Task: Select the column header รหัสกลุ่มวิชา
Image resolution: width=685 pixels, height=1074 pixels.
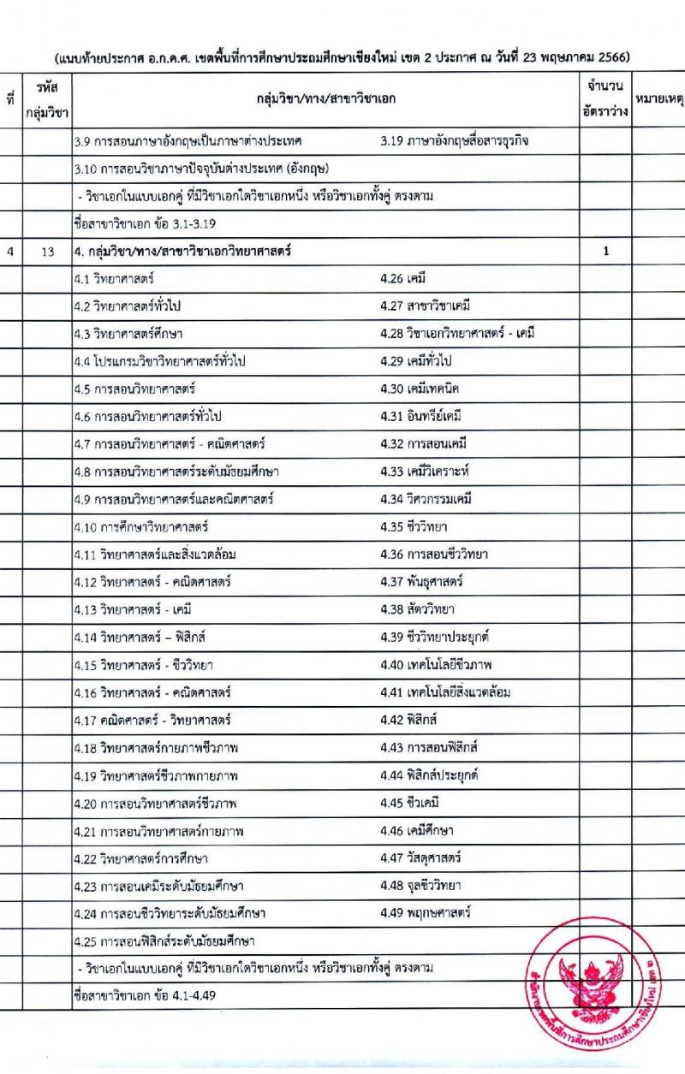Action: click(x=47, y=99)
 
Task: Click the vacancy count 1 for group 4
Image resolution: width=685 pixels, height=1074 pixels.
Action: click(x=605, y=252)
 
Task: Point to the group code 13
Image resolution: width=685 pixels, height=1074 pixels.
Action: click(x=47, y=252)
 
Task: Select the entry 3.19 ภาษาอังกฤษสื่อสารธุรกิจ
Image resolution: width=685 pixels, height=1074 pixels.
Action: click(x=454, y=140)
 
